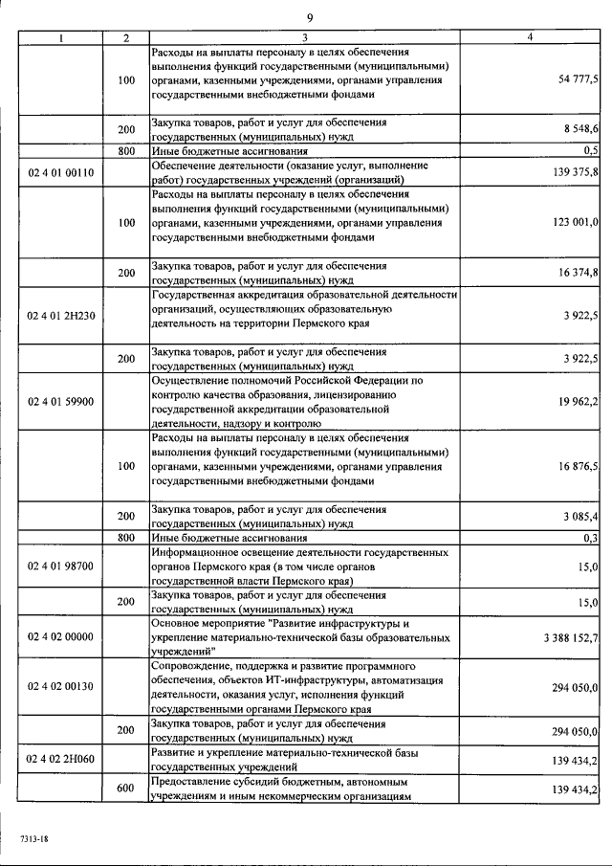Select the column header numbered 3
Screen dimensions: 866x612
pos(303,36)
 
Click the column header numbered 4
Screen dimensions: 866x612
pos(530,36)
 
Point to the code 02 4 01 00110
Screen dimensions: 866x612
pos(61,170)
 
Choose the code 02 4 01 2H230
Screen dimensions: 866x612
pos(61,315)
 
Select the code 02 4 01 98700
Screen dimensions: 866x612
pos(61,566)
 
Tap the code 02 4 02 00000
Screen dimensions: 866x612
pos(61,636)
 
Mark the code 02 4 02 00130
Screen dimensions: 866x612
pos(61,687)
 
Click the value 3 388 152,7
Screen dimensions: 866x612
pos(570,636)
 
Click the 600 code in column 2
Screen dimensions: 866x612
pos(126,788)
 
